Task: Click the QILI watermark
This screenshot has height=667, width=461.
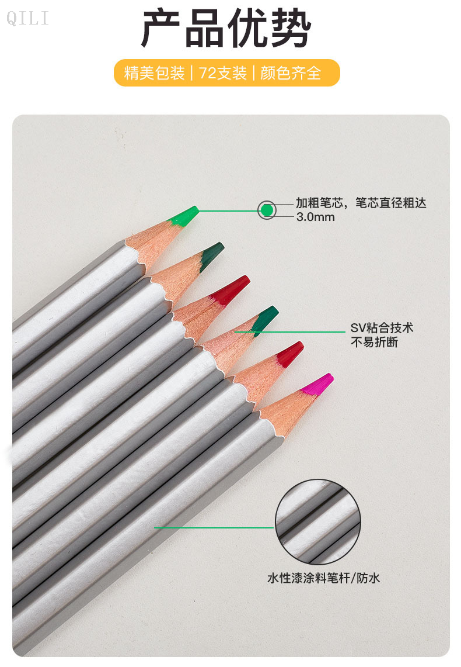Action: (x=27, y=18)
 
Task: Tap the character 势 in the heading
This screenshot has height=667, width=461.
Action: (x=291, y=28)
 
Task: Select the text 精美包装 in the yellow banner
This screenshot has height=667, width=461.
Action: (x=155, y=73)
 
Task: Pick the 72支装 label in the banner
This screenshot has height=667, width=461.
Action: (x=223, y=73)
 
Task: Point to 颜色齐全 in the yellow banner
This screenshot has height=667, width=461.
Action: (x=291, y=73)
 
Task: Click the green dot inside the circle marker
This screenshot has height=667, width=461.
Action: (x=267, y=210)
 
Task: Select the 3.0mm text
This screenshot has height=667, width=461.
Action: (x=315, y=217)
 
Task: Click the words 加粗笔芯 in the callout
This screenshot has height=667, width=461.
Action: (x=319, y=203)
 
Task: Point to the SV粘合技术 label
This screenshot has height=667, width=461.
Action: (x=382, y=328)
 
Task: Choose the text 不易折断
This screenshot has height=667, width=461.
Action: (x=375, y=342)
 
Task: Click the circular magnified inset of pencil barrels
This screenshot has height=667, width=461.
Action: (x=318, y=522)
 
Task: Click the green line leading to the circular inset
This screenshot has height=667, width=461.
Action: (x=214, y=528)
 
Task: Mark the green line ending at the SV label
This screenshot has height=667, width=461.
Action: (x=290, y=332)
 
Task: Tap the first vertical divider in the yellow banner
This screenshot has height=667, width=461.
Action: (x=192, y=73)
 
